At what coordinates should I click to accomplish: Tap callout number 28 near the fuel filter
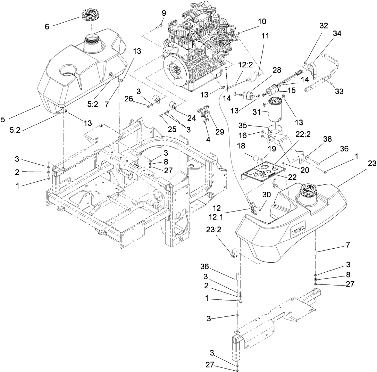[x=277, y=71]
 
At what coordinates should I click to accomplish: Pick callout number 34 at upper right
[x=337, y=34]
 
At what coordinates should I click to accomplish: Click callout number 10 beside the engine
[x=262, y=22]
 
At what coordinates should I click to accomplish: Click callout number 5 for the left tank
[x=3, y=120]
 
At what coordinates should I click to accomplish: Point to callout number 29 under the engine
[x=219, y=132]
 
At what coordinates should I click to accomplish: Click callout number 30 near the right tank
[x=267, y=195]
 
